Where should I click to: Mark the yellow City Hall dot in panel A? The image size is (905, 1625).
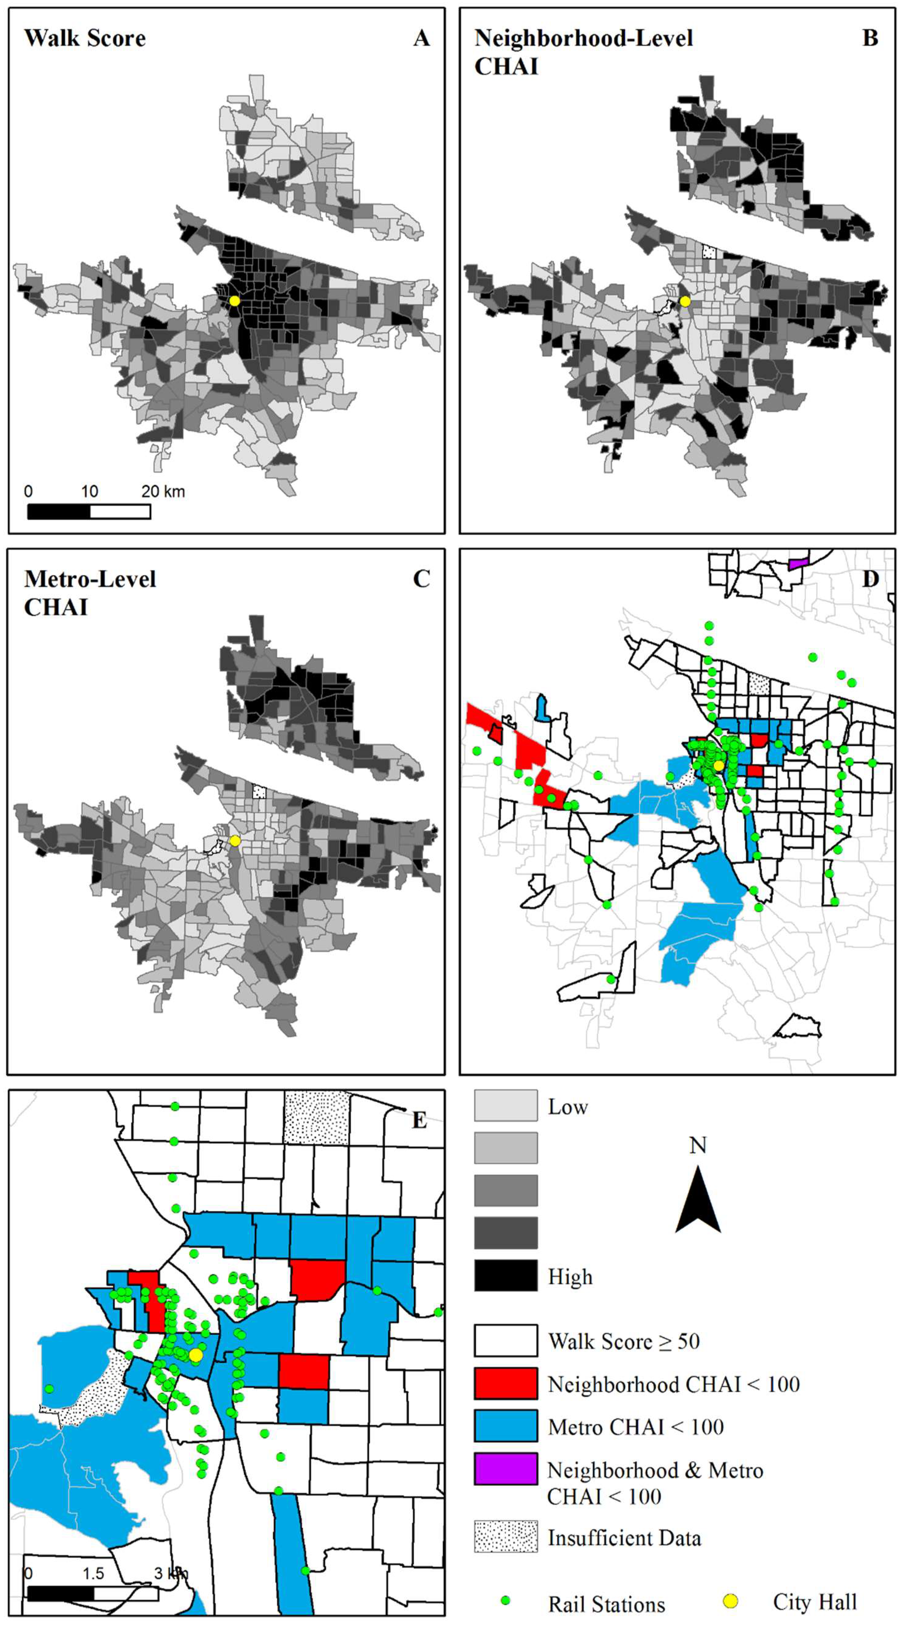click(x=235, y=301)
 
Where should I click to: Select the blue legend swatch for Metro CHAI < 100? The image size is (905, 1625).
click(x=506, y=1426)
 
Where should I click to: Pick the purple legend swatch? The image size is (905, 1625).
click(x=506, y=1469)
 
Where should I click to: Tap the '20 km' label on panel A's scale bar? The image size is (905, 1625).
click(x=163, y=492)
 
